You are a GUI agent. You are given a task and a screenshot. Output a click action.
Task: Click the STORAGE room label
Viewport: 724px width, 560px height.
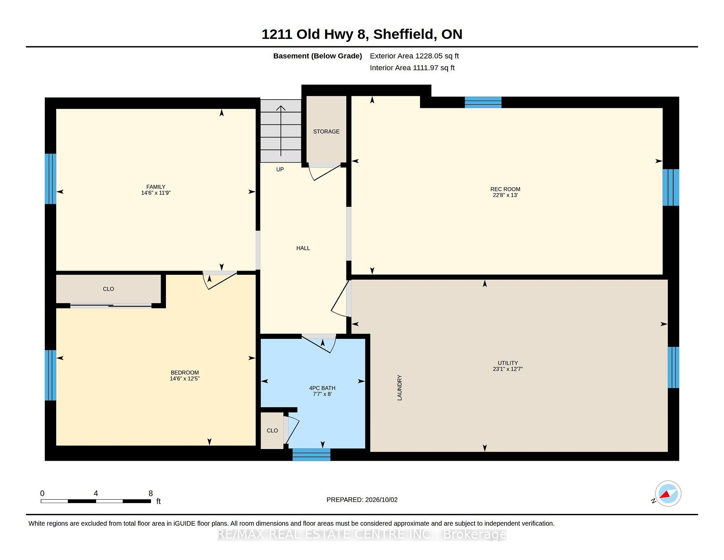point(326,131)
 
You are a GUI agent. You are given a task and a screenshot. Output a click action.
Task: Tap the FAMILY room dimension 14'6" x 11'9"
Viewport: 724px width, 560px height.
point(156,193)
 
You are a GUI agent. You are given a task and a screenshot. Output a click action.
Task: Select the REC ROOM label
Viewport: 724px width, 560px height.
point(505,189)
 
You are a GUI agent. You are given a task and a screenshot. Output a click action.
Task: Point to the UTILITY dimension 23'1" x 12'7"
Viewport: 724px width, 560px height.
point(508,369)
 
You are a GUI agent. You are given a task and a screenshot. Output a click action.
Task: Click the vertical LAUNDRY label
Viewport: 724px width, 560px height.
point(399,388)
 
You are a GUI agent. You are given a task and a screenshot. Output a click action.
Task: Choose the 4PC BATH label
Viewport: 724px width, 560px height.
point(322,388)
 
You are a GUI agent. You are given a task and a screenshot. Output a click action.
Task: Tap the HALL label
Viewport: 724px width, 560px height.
point(303,248)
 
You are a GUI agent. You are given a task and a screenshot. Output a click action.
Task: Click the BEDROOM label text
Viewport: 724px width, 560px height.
point(184,372)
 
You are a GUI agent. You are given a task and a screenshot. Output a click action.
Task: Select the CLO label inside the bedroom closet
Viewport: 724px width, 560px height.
point(108,289)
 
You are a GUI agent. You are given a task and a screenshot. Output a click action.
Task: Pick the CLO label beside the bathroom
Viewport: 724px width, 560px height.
point(272,431)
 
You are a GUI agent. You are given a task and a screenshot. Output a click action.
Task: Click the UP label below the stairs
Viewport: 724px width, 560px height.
point(280,169)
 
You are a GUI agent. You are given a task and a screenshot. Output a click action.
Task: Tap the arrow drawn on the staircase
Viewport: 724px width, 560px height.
point(281,131)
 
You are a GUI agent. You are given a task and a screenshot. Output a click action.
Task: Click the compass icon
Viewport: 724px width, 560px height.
point(668,494)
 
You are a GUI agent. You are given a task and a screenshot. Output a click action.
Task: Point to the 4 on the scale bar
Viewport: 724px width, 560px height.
point(96,493)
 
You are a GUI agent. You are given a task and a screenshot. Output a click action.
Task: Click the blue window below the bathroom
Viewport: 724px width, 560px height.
point(311,454)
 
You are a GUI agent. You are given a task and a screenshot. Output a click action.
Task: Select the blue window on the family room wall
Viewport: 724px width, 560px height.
point(51,178)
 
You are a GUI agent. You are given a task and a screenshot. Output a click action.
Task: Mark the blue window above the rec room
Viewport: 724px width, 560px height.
point(483,102)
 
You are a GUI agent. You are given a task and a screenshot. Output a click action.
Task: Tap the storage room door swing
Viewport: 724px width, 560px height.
point(324,172)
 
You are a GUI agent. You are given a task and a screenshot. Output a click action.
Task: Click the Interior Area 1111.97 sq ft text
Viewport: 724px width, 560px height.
point(412,68)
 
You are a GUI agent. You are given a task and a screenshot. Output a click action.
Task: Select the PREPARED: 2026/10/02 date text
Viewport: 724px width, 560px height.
point(362,500)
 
